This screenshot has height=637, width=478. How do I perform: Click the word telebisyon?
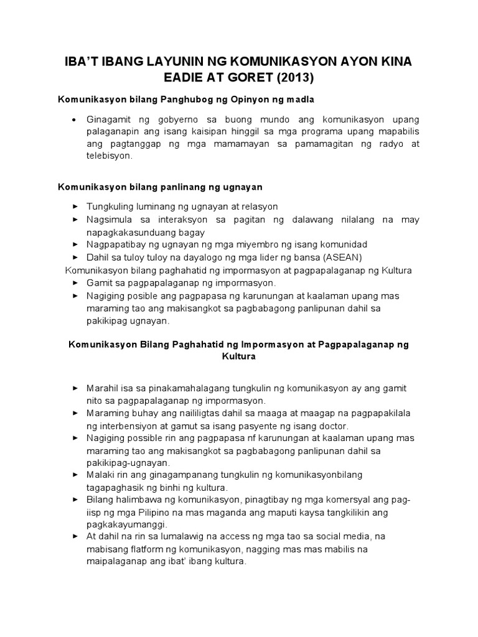tap(110, 157)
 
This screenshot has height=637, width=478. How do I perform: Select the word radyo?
tap(393, 144)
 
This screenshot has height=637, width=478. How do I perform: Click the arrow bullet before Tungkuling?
tap(75, 207)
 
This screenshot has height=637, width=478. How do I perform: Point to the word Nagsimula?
tap(111, 220)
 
